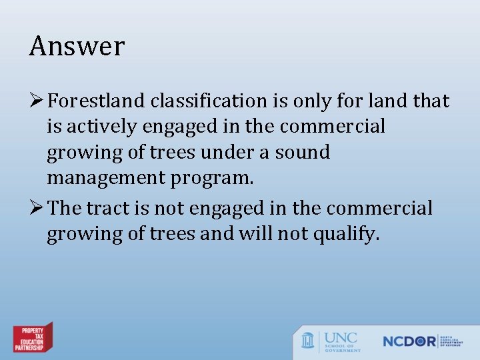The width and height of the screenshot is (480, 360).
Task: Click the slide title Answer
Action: [x=77, y=47]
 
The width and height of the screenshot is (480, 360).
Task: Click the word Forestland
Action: [x=97, y=101]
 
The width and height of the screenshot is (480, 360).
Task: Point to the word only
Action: [x=314, y=101]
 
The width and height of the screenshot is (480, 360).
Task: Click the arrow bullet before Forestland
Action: [x=37, y=101]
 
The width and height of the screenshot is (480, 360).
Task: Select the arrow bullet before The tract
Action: [x=37, y=208]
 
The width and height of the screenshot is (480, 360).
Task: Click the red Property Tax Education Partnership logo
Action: [x=33, y=339]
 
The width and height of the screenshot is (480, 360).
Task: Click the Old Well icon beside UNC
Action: [x=308, y=341]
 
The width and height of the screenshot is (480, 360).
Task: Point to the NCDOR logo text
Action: [x=409, y=341]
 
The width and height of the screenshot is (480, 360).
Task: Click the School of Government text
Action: [x=343, y=347]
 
